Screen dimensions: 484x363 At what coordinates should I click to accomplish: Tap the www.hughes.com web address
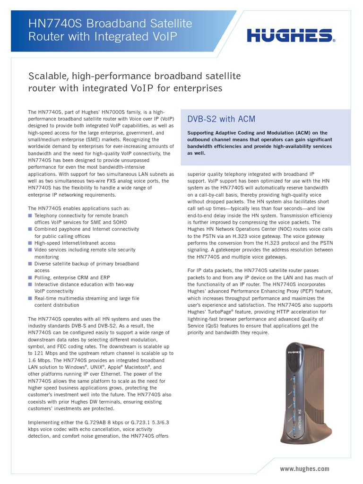pyautogui.click(x=304, y=469)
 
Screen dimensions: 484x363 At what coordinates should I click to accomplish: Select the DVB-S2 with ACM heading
pyautogui.click(x=222, y=119)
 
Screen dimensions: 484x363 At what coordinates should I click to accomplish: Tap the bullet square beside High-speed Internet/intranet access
pyautogui.click(x=30, y=243)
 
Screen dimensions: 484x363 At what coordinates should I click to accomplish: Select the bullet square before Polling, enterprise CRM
pyautogui.click(x=30, y=277)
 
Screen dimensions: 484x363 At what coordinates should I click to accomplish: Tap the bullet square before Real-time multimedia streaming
pyautogui.click(x=30, y=298)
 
